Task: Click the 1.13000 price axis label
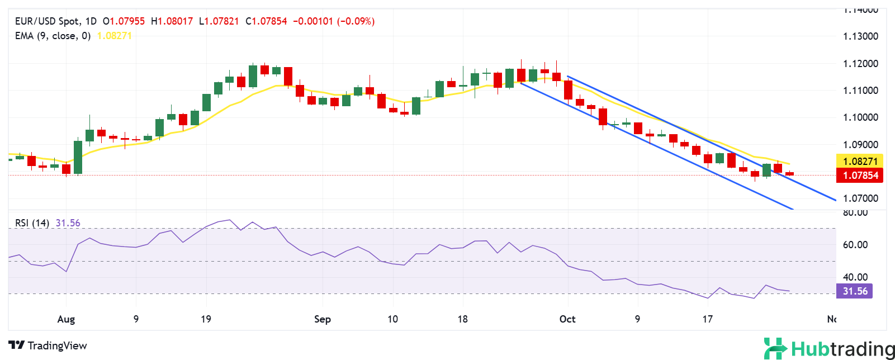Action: [860, 36]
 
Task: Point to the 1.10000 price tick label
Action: [860, 117]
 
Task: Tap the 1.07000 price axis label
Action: [860, 198]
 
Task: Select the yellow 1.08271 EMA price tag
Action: [860, 162]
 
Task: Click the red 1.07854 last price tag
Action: [860, 176]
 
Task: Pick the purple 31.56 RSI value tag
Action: [855, 291]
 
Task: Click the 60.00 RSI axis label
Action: [855, 245]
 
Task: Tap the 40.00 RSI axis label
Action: [855, 277]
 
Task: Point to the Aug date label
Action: [66, 319]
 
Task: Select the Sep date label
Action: [323, 319]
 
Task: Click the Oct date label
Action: [567, 319]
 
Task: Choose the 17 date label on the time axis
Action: [708, 319]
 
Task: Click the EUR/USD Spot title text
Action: [47, 21]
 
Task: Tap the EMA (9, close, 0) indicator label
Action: [53, 36]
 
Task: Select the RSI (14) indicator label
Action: [32, 223]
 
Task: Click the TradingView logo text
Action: [48, 345]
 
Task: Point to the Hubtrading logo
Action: [829, 349]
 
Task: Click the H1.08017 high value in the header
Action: [172, 21]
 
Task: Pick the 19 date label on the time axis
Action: [206, 319]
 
